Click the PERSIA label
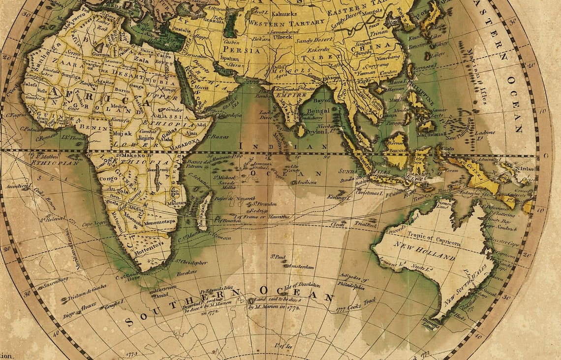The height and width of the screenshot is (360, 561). (x=249, y=50)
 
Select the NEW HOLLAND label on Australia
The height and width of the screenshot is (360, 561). (x=424, y=251)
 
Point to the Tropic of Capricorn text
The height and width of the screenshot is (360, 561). (x=426, y=239)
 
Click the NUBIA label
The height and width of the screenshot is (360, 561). (x=155, y=79)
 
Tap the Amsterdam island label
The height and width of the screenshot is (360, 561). (x=301, y=266)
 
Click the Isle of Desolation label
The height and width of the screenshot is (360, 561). (x=302, y=285)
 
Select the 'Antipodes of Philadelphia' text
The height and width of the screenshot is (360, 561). (x=351, y=282)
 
